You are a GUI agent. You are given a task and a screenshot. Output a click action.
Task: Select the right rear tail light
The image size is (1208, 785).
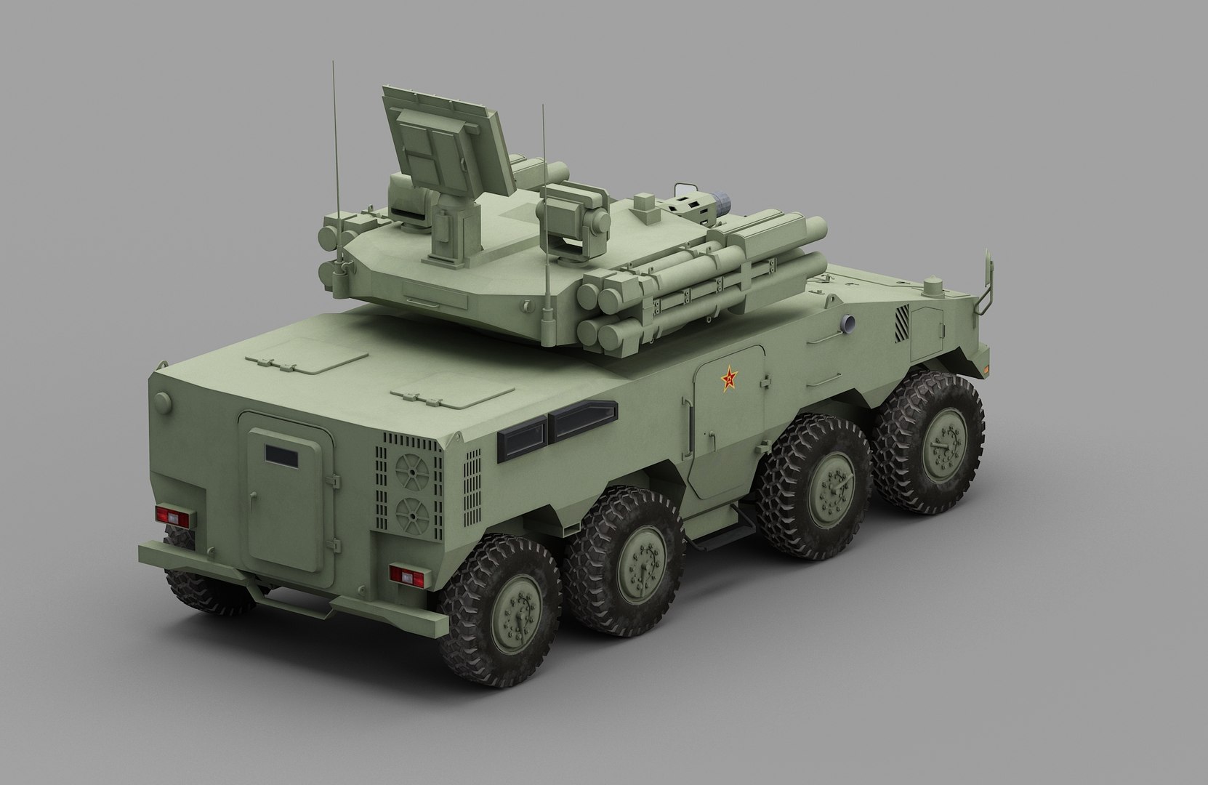(x=406, y=574)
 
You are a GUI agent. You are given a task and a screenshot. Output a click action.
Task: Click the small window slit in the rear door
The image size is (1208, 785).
(x=281, y=454)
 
